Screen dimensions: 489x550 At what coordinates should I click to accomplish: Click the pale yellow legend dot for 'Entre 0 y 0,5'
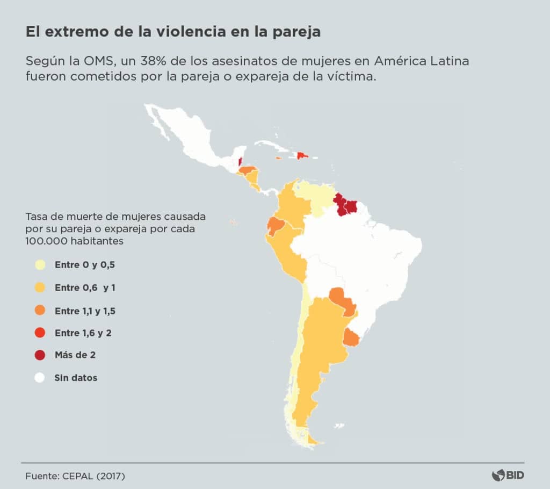coord(40,265)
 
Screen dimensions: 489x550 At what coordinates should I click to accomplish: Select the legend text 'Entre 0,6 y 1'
coord(85,287)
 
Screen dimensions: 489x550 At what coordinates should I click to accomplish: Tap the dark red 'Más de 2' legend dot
coord(40,355)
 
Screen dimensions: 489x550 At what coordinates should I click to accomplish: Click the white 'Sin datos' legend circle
coord(40,378)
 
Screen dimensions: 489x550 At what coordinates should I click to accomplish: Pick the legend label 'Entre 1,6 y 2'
coord(83,333)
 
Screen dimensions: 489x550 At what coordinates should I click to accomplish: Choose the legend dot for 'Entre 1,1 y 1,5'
coord(40,310)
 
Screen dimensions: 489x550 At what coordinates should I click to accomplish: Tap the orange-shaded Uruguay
coord(351,338)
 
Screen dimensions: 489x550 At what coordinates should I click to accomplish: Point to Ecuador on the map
coord(275,226)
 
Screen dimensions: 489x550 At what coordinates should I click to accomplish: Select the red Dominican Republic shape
coord(302,155)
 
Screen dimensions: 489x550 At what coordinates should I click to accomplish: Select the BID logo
coord(508,475)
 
